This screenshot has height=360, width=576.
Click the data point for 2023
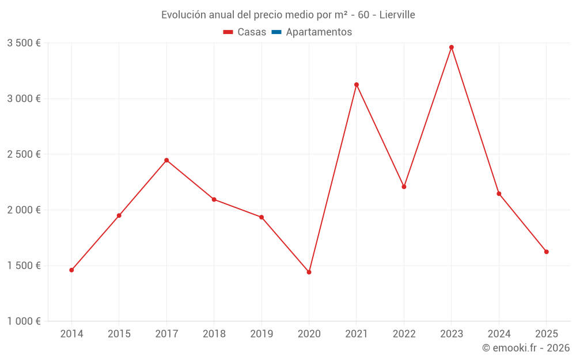coord(451,47)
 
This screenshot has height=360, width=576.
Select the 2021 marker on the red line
coord(357,85)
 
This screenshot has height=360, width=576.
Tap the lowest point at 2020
coord(309,272)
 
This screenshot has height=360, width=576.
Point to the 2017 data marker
coord(166,160)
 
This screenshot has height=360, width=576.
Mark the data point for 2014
coord(71,270)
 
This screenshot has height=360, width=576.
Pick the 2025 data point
coord(546,252)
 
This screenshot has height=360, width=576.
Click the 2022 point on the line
coord(404,187)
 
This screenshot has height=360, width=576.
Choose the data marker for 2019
coord(262,217)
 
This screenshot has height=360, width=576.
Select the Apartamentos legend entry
coord(319,32)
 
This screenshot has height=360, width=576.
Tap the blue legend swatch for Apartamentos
coord(276,32)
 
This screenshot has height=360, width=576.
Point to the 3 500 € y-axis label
coord(24,43)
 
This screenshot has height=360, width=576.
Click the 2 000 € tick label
coord(24,210)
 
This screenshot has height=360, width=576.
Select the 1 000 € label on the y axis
coord(24,321)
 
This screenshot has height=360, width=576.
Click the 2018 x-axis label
coord(214,334)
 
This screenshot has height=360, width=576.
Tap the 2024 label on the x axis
coord(499,334)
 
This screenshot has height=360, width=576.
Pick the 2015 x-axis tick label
coord(119,334)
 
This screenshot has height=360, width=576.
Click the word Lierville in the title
coord(397,15)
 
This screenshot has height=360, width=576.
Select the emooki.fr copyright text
coord(526,348)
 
